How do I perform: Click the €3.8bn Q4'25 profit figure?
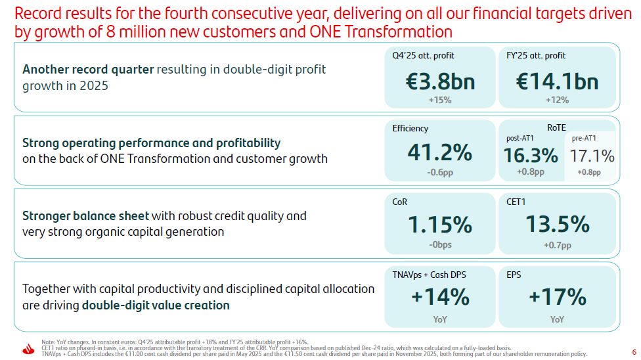tap(440, 81)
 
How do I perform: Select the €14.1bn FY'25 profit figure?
tap(557, 81)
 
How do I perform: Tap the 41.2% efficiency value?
tap(440, 152)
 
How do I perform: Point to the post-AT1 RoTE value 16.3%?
tap(531, 156)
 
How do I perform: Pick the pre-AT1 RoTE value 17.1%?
tap(592, 156)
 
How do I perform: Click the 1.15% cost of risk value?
tap(440, 225)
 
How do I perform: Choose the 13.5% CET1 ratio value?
tap(557, 224)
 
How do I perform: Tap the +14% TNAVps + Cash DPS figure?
tap(440, 296)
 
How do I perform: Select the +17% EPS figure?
tap(557, 296)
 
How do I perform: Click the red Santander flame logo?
tap(28, 349)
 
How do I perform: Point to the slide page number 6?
tap(634, 352)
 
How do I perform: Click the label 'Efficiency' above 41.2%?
tap(410, 129)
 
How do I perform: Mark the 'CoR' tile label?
tap(399, 202)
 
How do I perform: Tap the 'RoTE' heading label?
tap(556, 127)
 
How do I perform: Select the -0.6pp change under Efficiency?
tap(440, 172)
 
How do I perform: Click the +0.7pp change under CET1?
tap(557, 245)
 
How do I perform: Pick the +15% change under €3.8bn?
tap(440, 100)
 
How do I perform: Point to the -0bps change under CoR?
tap(440, 244)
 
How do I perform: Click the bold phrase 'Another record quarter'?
tap(88, 70)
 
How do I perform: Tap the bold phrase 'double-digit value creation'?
tap(156, 305)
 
